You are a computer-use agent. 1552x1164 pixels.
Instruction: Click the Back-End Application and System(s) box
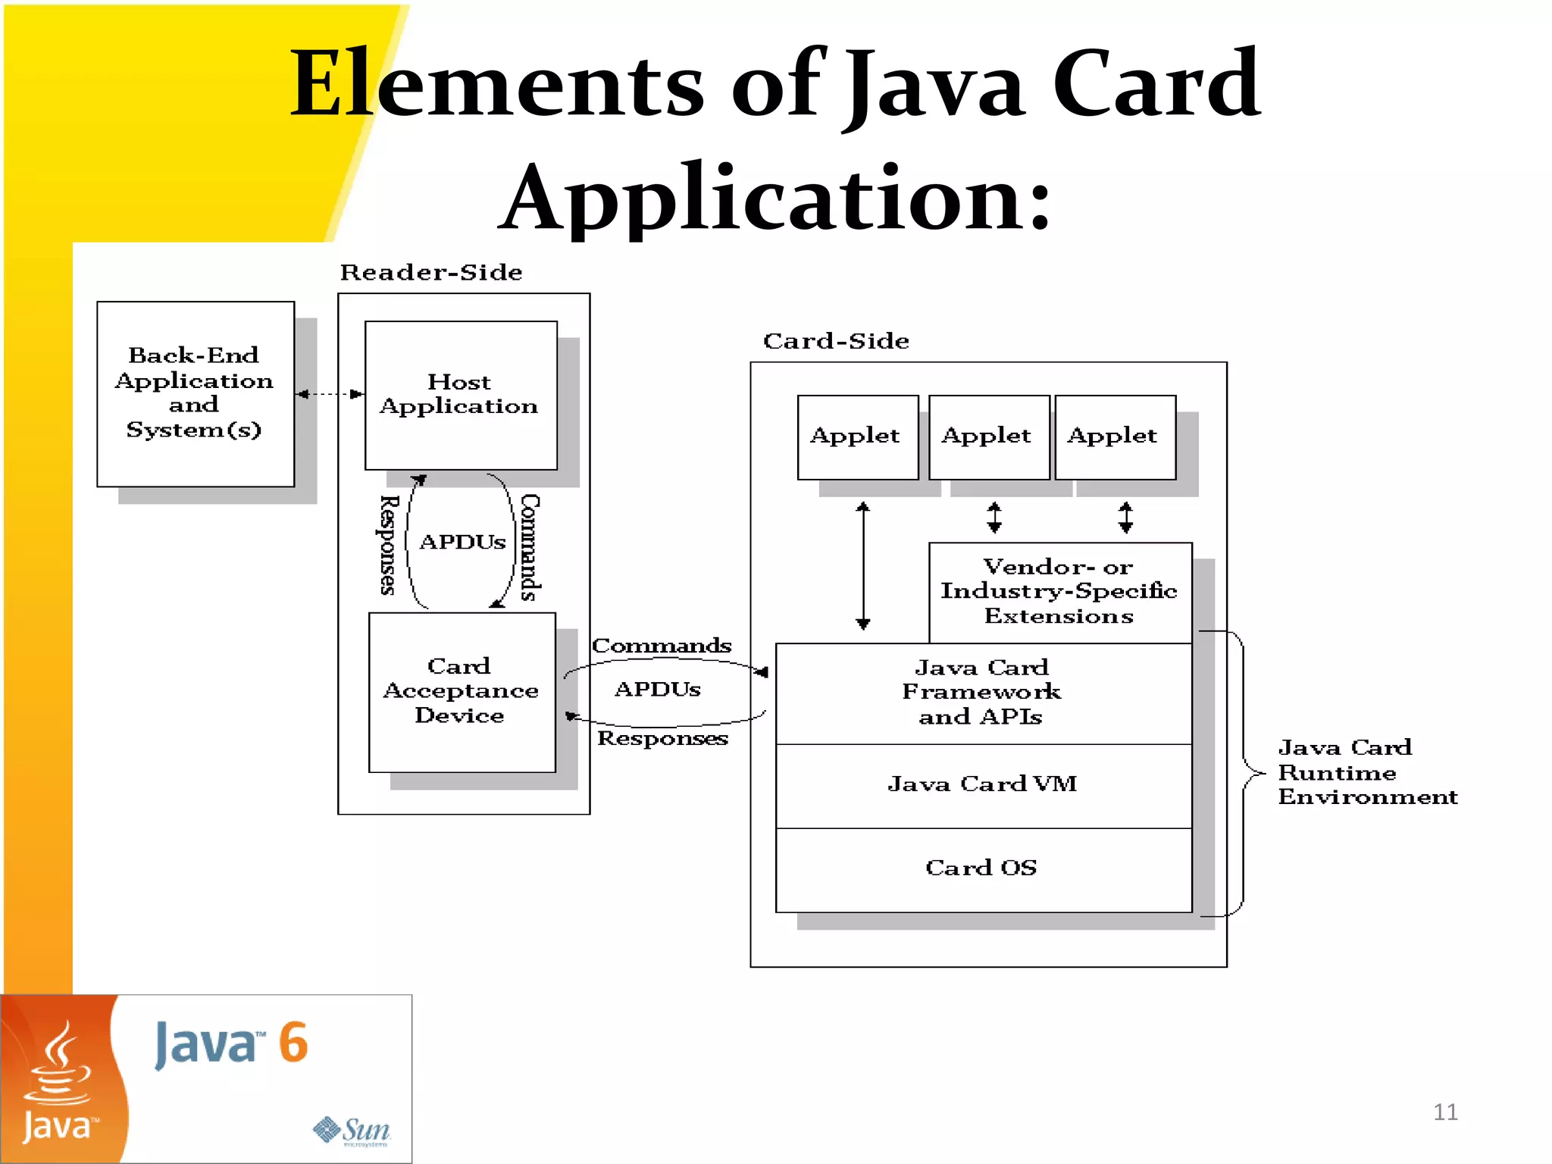click(195, 393)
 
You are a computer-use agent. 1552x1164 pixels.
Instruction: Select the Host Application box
click(460, 395)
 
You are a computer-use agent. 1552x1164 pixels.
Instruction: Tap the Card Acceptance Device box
click(462, 691)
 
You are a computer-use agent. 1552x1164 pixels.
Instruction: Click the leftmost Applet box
click(857, 436)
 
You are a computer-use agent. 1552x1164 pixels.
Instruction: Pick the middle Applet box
click(988, 436)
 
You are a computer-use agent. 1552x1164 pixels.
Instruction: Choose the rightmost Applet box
click(1114, 436)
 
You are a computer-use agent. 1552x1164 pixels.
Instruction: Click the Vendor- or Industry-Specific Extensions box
click(1059, 592)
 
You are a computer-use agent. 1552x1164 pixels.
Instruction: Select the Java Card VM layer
click(983, 785)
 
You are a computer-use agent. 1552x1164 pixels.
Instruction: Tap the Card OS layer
click(983, 868)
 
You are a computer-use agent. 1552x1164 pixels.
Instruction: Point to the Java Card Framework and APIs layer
click(983, 693)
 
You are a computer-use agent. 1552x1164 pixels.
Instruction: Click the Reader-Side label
click(431, 272)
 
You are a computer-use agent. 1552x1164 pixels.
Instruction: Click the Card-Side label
click(836, 341)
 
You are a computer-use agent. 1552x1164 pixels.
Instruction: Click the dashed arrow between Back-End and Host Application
click(330, 394)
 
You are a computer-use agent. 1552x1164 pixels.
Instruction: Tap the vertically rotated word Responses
click(388, 545)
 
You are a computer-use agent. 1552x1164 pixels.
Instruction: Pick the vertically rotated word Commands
click(530, 547)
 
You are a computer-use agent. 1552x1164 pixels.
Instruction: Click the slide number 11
click(1445, 1112)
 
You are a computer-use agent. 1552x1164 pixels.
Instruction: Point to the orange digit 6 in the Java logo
click(293, 1043)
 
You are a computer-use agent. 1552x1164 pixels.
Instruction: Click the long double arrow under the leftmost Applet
click(862, 565)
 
